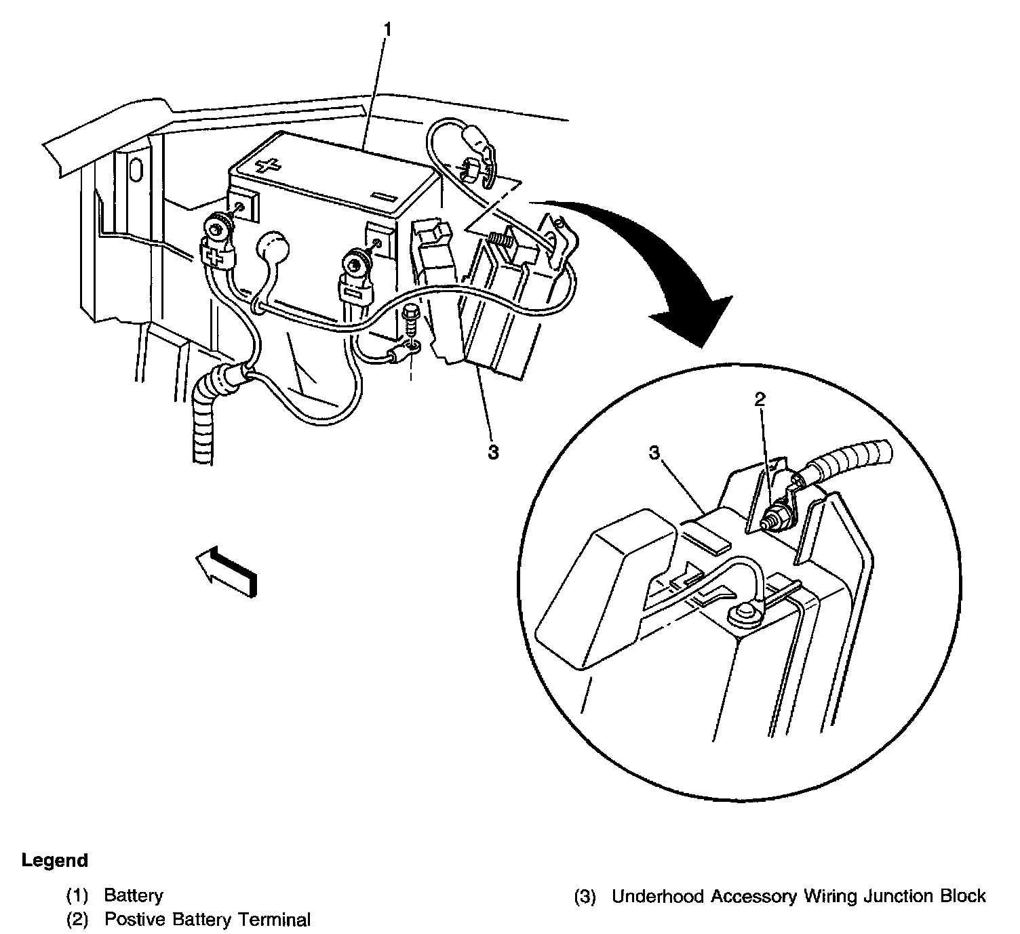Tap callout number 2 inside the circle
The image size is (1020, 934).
tap(760, 399)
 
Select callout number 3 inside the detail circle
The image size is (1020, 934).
tap(654, 453)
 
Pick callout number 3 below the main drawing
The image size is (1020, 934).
tap(493, 451)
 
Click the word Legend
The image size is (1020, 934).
tap(55, 861)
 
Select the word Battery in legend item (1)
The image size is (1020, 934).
tap(134, 895)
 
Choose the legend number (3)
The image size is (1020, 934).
tap(585, 897)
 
